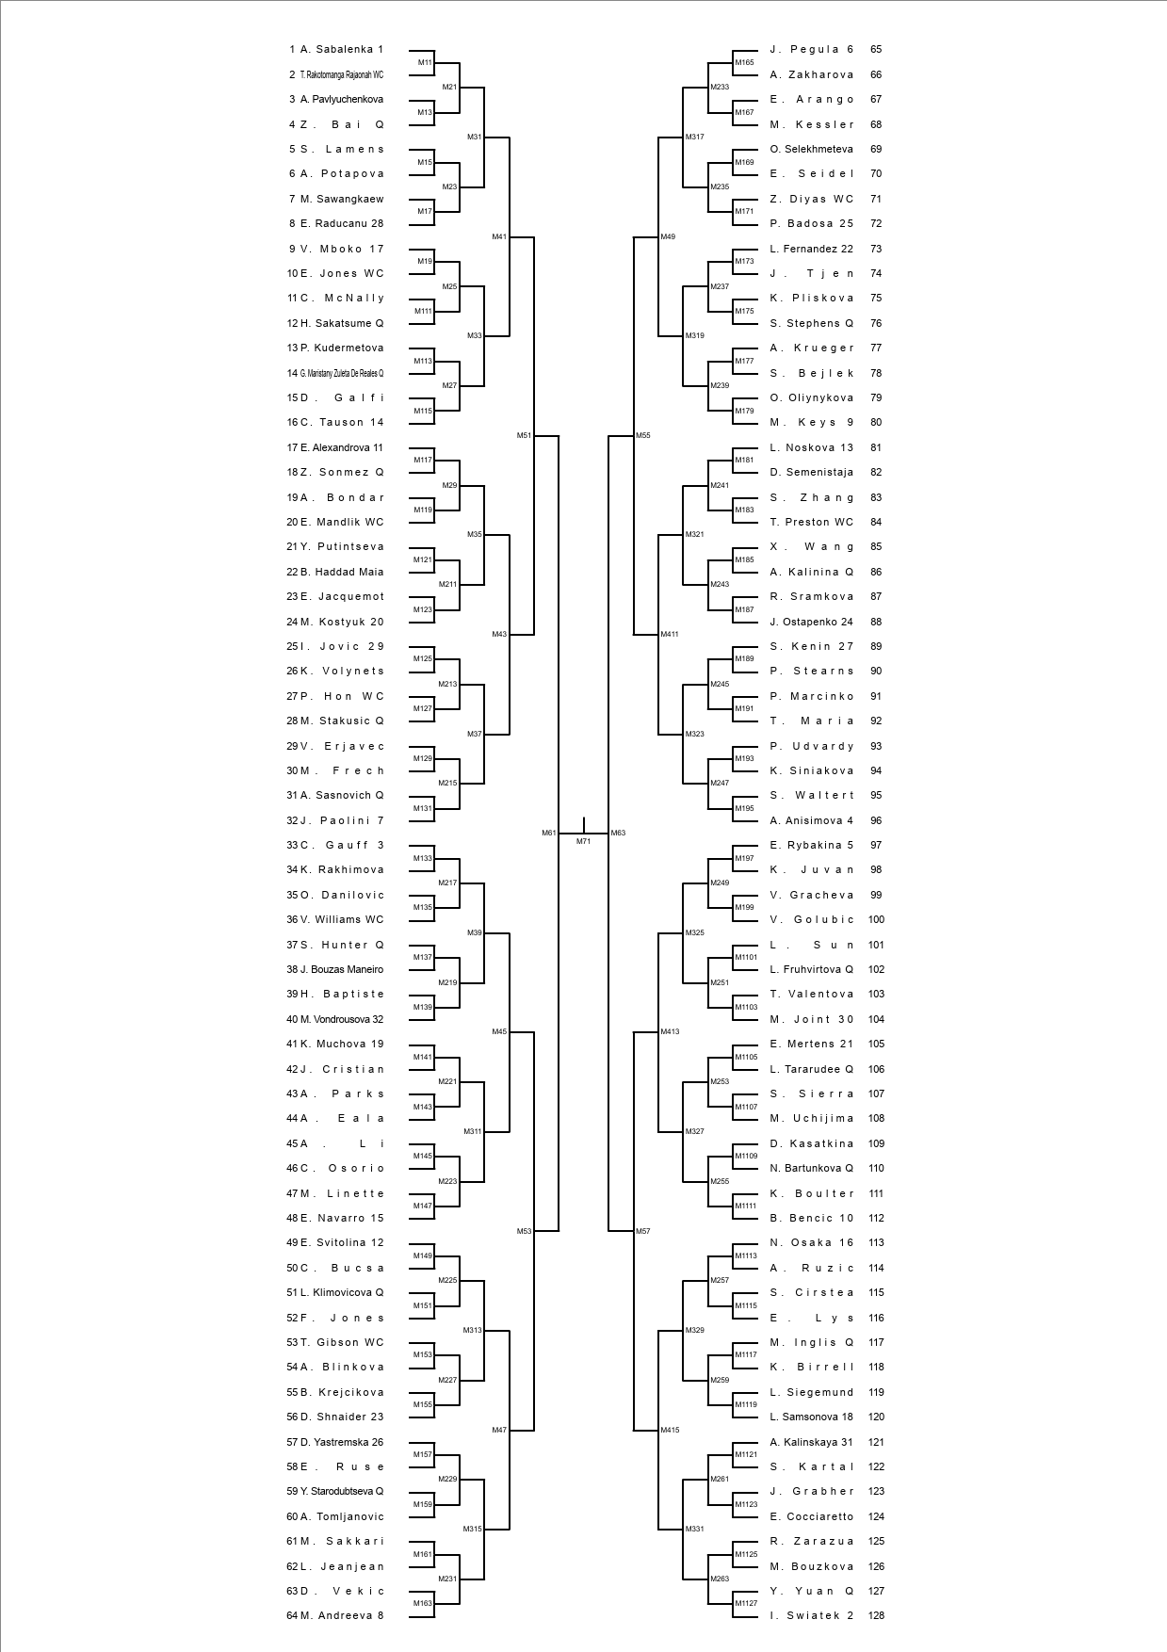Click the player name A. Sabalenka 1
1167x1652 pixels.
coord(341,49)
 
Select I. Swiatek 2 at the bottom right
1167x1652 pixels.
coord(811,1615)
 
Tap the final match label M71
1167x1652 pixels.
coord(583,841)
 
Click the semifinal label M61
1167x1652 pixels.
coord(548,833)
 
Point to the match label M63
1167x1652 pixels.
coord(618,833)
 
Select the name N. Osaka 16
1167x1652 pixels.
coord(811,1242)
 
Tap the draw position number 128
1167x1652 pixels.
coord(876,1615)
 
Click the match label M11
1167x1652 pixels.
coord(425,63)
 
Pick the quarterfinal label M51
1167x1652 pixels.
coord(524,435)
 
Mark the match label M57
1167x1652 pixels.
coord(642,1231)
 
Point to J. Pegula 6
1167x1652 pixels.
coord(811,49)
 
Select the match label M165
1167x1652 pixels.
coord(744,63)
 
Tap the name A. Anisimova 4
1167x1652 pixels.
coord(811,820)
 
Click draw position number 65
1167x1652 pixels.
coord(876,49)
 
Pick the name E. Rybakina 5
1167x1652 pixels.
coord(811,845)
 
